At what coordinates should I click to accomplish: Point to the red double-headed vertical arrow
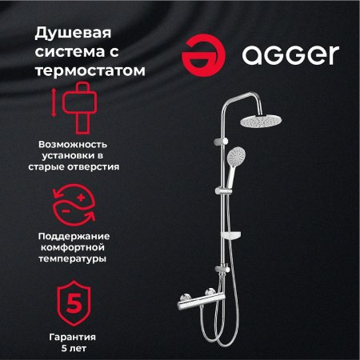click(x=54, y=107)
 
